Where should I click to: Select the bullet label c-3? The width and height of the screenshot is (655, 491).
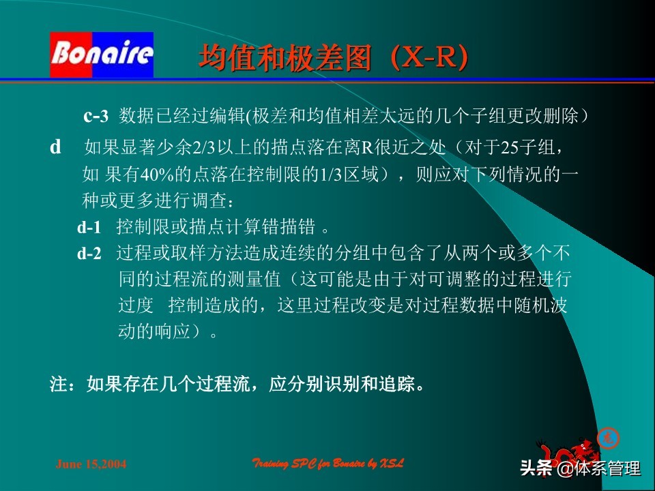point(96,117)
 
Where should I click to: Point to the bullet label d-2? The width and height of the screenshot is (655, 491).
point(89,254)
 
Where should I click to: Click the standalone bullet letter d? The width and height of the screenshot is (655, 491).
point(56,147)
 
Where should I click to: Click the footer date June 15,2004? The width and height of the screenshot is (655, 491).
point(91,464)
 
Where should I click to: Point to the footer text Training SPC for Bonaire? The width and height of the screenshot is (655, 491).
point(328,464)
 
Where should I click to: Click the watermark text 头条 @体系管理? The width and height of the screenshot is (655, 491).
point(580,468)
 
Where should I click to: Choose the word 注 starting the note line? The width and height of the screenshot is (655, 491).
point(58,385)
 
